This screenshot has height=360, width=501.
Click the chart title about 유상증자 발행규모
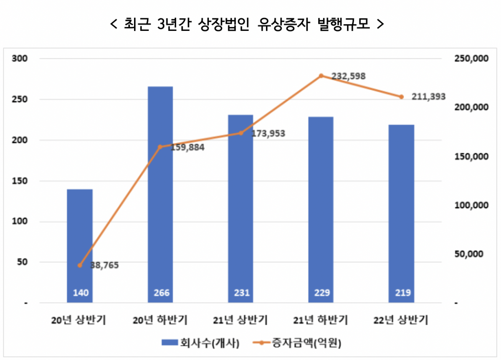tap(247, 24)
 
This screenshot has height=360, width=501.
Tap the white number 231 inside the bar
tap(240, 293)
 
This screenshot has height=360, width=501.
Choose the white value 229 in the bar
tap(321, 293)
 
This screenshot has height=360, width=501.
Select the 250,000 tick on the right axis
tap(470, 58)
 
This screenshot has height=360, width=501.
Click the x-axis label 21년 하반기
tap(321, 320)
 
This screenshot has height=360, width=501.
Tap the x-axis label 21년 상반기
tap(240, 320)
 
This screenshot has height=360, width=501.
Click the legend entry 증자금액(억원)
tap(297, 343)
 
